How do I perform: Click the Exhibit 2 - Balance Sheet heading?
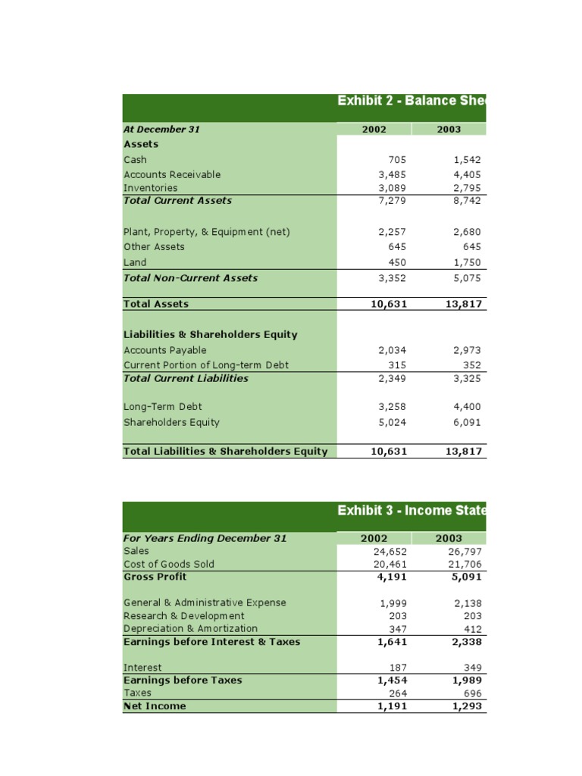pos(410,101)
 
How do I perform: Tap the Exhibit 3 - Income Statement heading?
pos(410,510)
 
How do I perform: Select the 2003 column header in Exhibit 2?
pos(449,129)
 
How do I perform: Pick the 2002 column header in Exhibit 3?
pos(374,538)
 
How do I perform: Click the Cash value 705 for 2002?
pos(397,160)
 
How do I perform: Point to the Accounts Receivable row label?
pos(172,174)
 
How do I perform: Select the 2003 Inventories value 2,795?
pos(467,187)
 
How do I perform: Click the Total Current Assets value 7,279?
pos(392,201)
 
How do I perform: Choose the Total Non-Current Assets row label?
pos(190,278)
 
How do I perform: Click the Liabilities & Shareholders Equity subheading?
pos(210,334)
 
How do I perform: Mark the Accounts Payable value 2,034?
pos(392,350)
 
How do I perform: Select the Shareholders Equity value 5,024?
pos(392,422)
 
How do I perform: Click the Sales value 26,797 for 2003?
pos(464,551)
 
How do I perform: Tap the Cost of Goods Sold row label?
pos(169,564)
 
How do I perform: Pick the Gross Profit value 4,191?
pos(392,577)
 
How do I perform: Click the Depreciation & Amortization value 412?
pos(472,628)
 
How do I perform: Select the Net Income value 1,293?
pos(466,706)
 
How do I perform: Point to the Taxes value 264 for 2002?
pos(397,693)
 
